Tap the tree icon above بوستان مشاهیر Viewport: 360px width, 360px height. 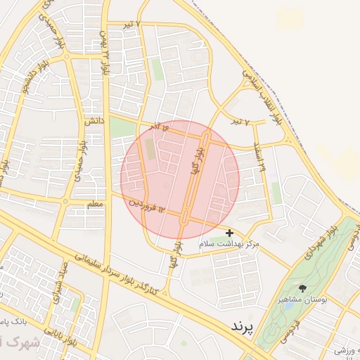303,288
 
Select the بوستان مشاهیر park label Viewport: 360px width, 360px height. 304,300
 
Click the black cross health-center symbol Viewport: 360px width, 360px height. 229,232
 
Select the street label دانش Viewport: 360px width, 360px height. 95,121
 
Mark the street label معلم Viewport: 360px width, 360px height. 94,204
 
